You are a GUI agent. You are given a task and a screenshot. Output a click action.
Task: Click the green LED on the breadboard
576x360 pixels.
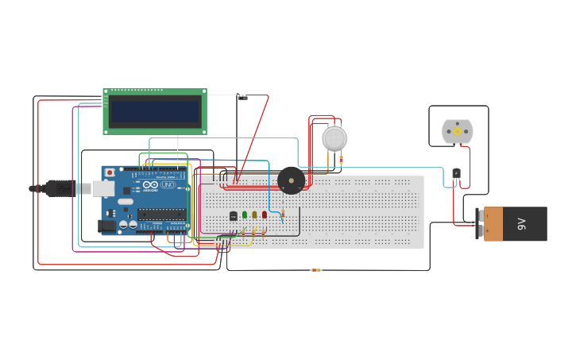point(245,215)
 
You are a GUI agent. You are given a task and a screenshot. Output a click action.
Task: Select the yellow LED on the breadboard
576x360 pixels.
point(254,215)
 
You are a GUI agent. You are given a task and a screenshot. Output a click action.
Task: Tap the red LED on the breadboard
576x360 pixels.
point(265,215)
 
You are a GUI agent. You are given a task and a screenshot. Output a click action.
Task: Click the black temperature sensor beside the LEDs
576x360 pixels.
point(233,215)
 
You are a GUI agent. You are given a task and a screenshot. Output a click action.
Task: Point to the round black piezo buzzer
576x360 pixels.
point(291,180)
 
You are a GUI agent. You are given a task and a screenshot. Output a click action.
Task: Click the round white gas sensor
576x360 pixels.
point(334,138)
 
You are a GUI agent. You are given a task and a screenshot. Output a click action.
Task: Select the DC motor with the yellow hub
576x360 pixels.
point(457,131)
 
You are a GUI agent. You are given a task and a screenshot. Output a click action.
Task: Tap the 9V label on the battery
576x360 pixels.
point(522,224)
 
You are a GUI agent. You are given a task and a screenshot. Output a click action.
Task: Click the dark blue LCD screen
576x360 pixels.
point(155,112)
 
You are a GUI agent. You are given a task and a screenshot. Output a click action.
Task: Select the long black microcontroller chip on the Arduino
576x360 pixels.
point(161,214)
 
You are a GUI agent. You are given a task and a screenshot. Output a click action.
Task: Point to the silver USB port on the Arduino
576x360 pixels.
point(102,188)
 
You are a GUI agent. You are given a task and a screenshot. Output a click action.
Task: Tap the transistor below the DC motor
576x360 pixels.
point(456,173)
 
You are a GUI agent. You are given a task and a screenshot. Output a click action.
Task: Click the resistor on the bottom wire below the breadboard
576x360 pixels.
point(315,270)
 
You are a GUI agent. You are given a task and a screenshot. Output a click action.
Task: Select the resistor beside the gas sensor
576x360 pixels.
point(341,160)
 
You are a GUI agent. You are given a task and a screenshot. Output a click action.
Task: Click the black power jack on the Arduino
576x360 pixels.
point(106,226)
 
